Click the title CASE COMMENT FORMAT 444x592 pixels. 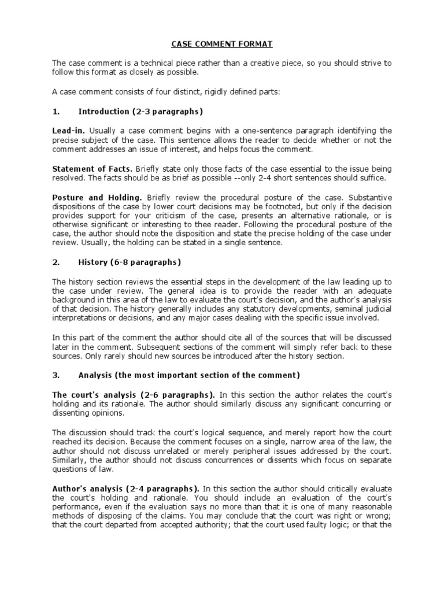(222, 43)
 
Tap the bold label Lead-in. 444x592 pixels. (68, 131)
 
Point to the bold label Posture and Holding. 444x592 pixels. (97, 197)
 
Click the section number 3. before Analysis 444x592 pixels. (56, 375)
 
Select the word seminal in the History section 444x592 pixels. (351, 309)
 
